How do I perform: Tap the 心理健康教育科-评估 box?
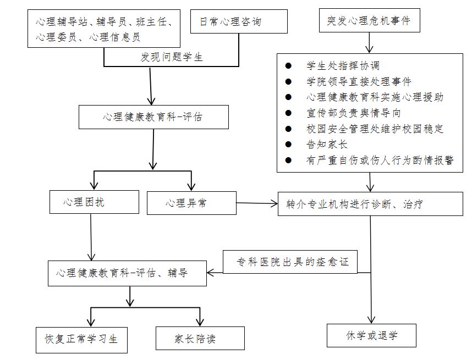[x=153, y=117]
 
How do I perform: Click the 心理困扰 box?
[x=94, y=202]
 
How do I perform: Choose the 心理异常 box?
[x=191, y=203]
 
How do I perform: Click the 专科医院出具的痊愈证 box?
[x=289, y=262]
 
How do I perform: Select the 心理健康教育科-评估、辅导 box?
[x=127, y=273]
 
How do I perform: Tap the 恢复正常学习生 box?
[x=81, y=338]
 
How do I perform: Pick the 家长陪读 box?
[x=199, y=339]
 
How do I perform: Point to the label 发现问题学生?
[x=172, y=57]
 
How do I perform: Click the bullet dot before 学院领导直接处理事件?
[x=289, y=82]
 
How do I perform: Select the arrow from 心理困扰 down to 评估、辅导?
[x=91, y=236]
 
